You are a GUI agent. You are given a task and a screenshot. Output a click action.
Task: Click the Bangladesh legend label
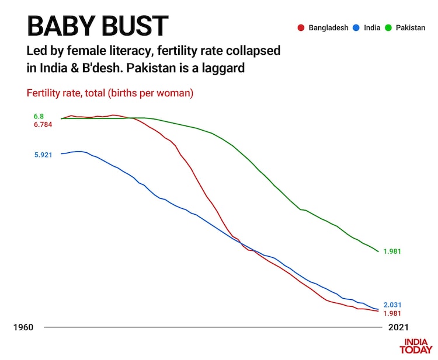pyautogui.click(x=328, y=27)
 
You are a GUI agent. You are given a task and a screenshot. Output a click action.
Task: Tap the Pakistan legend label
pyautogui.click(x=410, y=27)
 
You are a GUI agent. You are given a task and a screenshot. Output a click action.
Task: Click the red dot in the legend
pyautogui.click(x=301, y=27)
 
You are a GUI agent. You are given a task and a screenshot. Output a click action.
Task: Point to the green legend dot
pyautogui.click(x=390, y=27)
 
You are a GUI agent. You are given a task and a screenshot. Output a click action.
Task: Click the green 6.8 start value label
pyautogui.click(x=39, y=116)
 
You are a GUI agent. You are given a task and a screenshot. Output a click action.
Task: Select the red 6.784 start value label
pyautogui.click(x=43, y=124)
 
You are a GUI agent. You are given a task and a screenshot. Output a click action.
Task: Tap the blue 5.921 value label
pyautogui.click(x=43, y=155)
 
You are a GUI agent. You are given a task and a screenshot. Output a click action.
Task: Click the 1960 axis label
pyautogui.click(x=24, y=328)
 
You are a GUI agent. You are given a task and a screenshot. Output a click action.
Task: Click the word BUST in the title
pyautogui.click(x=131, y=26)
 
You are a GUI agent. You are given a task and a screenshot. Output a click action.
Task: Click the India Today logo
pyautogui.click(x=416, y=346)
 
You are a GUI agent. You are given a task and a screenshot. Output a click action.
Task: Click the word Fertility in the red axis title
pyautogui.click(x=44, y=93)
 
